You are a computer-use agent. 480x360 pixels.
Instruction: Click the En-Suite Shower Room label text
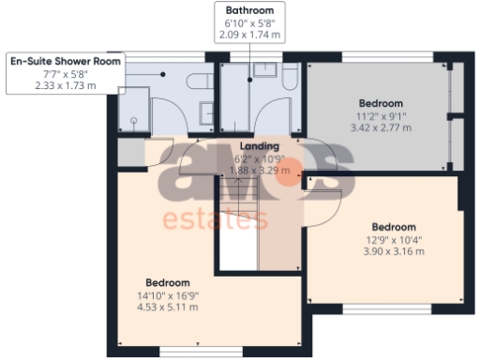66,61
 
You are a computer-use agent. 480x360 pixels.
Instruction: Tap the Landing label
260,147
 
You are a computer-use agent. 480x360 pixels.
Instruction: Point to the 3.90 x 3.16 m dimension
394,252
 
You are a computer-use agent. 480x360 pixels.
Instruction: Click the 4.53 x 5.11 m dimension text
168,307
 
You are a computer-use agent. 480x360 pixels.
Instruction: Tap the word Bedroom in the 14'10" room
168,282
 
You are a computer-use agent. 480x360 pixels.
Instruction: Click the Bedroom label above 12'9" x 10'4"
394,227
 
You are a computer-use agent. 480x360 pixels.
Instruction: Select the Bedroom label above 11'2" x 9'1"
381,103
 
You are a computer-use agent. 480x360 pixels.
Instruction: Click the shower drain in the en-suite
135,120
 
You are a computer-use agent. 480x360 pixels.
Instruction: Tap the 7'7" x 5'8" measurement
66,74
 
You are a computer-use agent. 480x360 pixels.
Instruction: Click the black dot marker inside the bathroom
250,79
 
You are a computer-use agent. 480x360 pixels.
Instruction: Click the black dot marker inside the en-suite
162,73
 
